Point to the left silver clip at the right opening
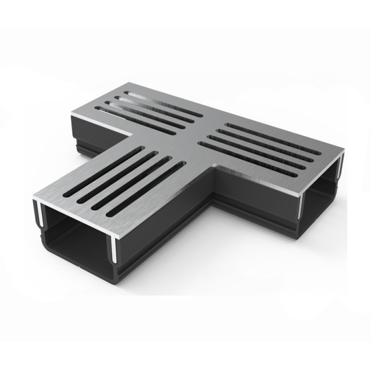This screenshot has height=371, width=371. pos(303,204)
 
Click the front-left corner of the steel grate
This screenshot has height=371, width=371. pos(33,200)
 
